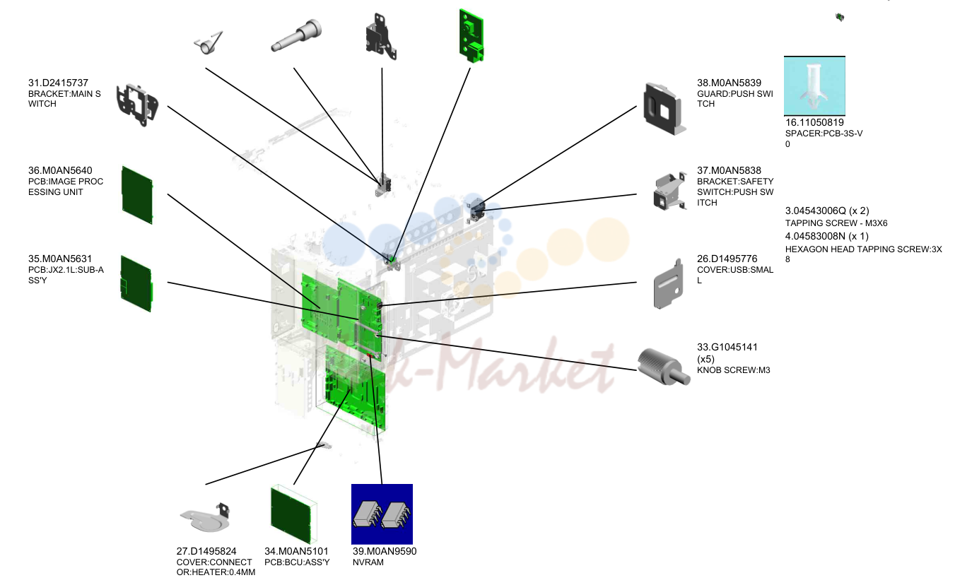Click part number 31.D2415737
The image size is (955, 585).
click(x=58, y=83)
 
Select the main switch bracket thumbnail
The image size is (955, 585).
click(x=137, y=105)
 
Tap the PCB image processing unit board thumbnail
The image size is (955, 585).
click(x=137, y=195)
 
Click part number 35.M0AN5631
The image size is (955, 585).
click(x=59, y=259)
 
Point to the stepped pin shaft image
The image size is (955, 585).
click(x=296, y=35)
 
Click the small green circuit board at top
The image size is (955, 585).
click(x=471, y=36)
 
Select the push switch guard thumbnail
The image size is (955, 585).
click(x=664, y=109)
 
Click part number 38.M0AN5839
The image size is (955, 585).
click(x=729, y=83)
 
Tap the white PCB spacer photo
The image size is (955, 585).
click(x=814, y=85)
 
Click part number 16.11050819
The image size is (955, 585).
click(x=814, y=123)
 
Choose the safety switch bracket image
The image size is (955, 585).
click(x=670, y=191)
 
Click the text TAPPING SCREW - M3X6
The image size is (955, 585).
click(x=836, y=223)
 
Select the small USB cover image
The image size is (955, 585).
click(x=668, y=284)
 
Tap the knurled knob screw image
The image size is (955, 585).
click(x=663, y=367)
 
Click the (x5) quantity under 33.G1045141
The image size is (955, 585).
click(x=705, y=359)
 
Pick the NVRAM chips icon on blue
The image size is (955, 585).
click(x=382, y=514)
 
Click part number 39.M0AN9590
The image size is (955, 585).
click(x=385, y=551)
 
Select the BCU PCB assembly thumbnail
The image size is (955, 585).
click(x=294, y=514)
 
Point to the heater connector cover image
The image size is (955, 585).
click(x=205, y=518)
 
